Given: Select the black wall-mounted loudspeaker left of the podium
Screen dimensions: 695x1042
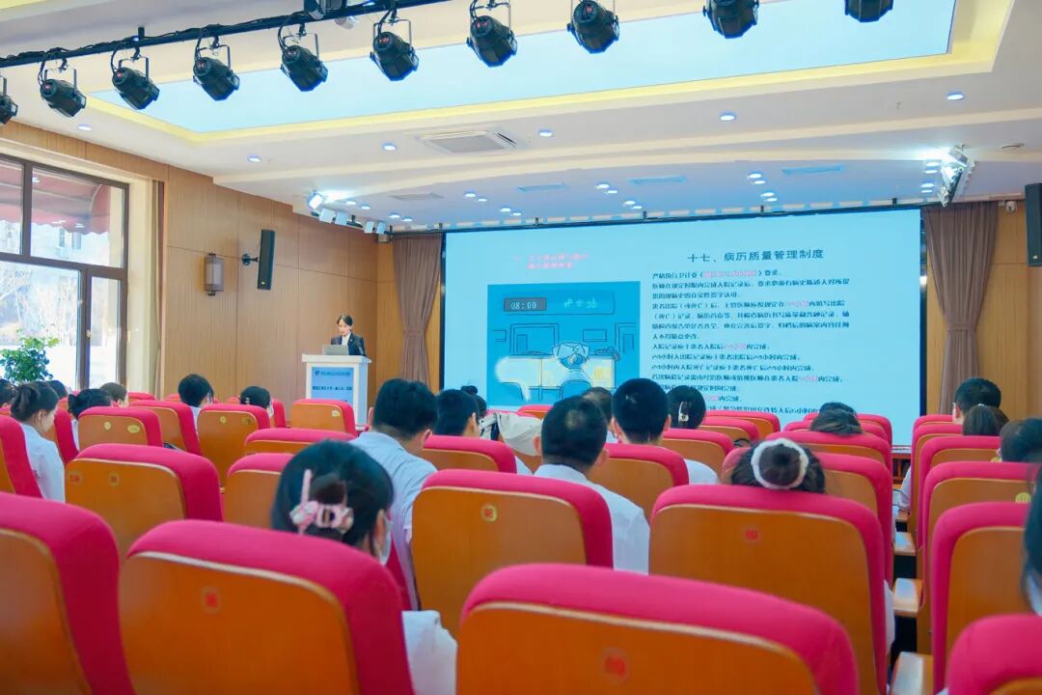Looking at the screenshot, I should pyautogui.click(x=265, y=259).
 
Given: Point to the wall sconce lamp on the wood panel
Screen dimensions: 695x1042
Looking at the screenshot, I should pyautogui.click(x=213, y=273).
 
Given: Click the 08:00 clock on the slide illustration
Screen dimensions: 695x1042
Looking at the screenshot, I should pyautogui.click(x=524, y=304).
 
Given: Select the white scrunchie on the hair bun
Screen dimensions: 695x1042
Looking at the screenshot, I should pyautogui.click(x=779, y=463).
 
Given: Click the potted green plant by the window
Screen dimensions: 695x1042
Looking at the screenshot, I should pyautogui.click(x=27, y=360).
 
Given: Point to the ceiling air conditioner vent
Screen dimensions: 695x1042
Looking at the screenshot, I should pyautogui.click(x=468, y=141).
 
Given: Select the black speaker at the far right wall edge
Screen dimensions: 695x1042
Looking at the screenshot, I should pyautogui.click(x=1032, y=224).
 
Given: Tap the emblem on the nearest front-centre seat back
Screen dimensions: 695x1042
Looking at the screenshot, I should pyautogui.click(x=615, y=665).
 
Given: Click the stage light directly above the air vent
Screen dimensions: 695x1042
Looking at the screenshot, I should pyautogui.click(x=492, y=37).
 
